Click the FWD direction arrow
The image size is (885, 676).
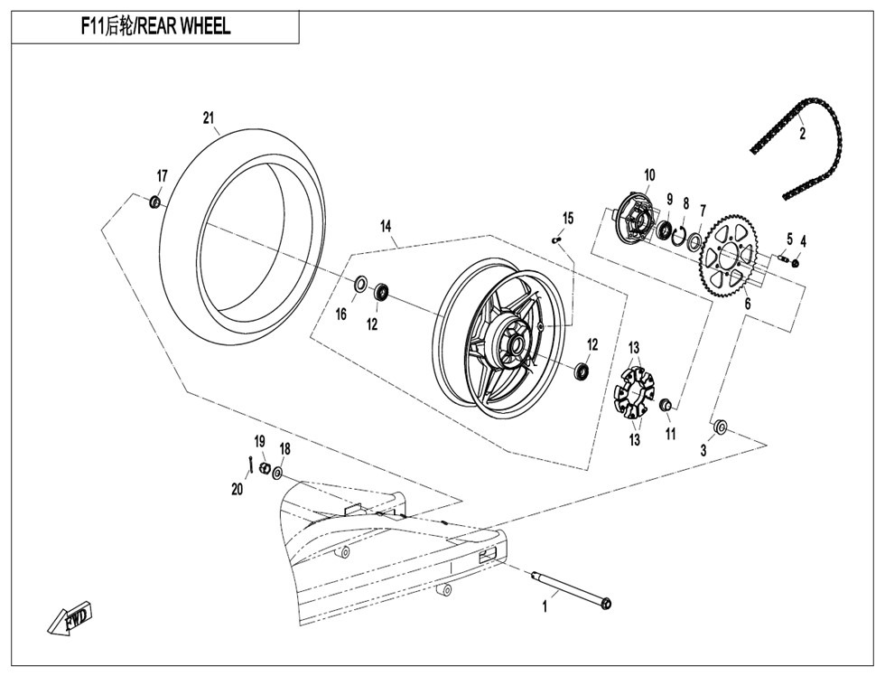point(70,619)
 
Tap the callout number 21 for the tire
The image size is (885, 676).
point(209,118)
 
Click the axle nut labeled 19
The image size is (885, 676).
point(263,467)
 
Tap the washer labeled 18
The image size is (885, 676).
point(278,473)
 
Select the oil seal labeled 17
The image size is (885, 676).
point(154,202)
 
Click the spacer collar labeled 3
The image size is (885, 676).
point(722,427)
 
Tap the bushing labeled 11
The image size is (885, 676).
point(666,404)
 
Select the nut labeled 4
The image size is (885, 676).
point(796,263)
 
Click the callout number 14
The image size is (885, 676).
point(386,227)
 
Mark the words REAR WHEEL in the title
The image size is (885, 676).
point(184,26)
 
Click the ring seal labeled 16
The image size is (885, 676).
point(360,284)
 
